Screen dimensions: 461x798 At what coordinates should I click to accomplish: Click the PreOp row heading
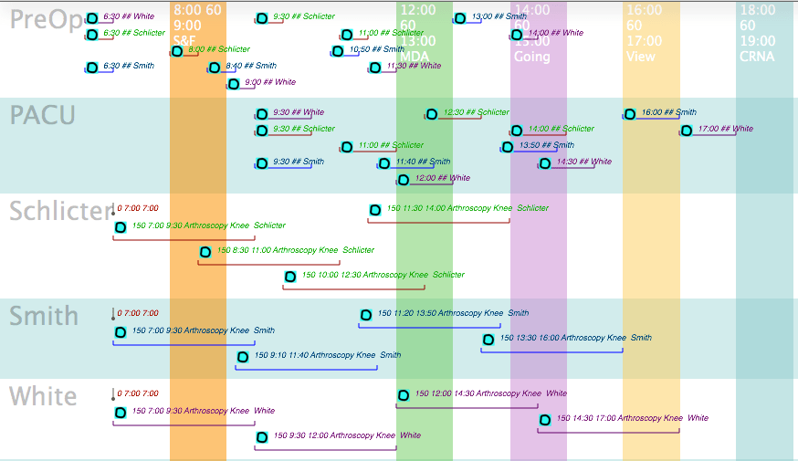(45, 20)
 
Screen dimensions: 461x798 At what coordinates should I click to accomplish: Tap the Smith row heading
(44, 316)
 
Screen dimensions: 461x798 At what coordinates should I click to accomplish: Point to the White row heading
(43, 396)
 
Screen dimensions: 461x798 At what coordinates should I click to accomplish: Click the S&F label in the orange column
(184, 41)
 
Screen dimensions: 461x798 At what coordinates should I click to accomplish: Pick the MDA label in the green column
(415, 57)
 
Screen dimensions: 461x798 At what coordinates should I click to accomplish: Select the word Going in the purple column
(532, 57)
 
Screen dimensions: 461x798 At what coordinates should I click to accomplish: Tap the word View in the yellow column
(641, 57)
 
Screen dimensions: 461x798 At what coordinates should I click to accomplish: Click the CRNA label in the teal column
(757, 57)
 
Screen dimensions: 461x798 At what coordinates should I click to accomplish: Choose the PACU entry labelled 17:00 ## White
(725, 129)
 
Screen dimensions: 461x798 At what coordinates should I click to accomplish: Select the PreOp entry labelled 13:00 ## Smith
(499, 16)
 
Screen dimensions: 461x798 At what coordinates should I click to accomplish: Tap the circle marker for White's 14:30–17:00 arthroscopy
(545, 420)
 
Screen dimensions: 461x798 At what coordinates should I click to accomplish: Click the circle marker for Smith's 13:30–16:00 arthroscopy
(488, 340)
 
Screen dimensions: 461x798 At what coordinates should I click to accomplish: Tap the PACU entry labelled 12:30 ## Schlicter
(476, 112)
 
